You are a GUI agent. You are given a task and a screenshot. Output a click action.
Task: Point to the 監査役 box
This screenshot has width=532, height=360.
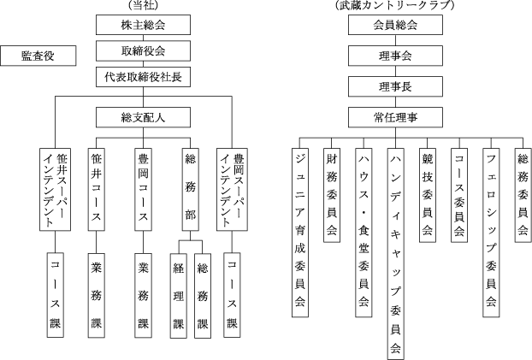pos(38,56)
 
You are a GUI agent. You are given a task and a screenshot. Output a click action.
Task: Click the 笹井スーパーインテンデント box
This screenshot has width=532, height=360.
pos(56,188)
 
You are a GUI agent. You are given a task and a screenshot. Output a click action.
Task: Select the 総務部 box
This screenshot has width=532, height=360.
pos(191,188)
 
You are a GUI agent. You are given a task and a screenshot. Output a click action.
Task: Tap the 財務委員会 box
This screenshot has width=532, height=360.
pos(332,193)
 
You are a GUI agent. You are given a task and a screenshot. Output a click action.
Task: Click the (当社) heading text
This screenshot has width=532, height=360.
pos(141,6)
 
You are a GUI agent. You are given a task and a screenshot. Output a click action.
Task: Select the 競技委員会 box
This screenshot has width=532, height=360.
pos(427,193)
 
